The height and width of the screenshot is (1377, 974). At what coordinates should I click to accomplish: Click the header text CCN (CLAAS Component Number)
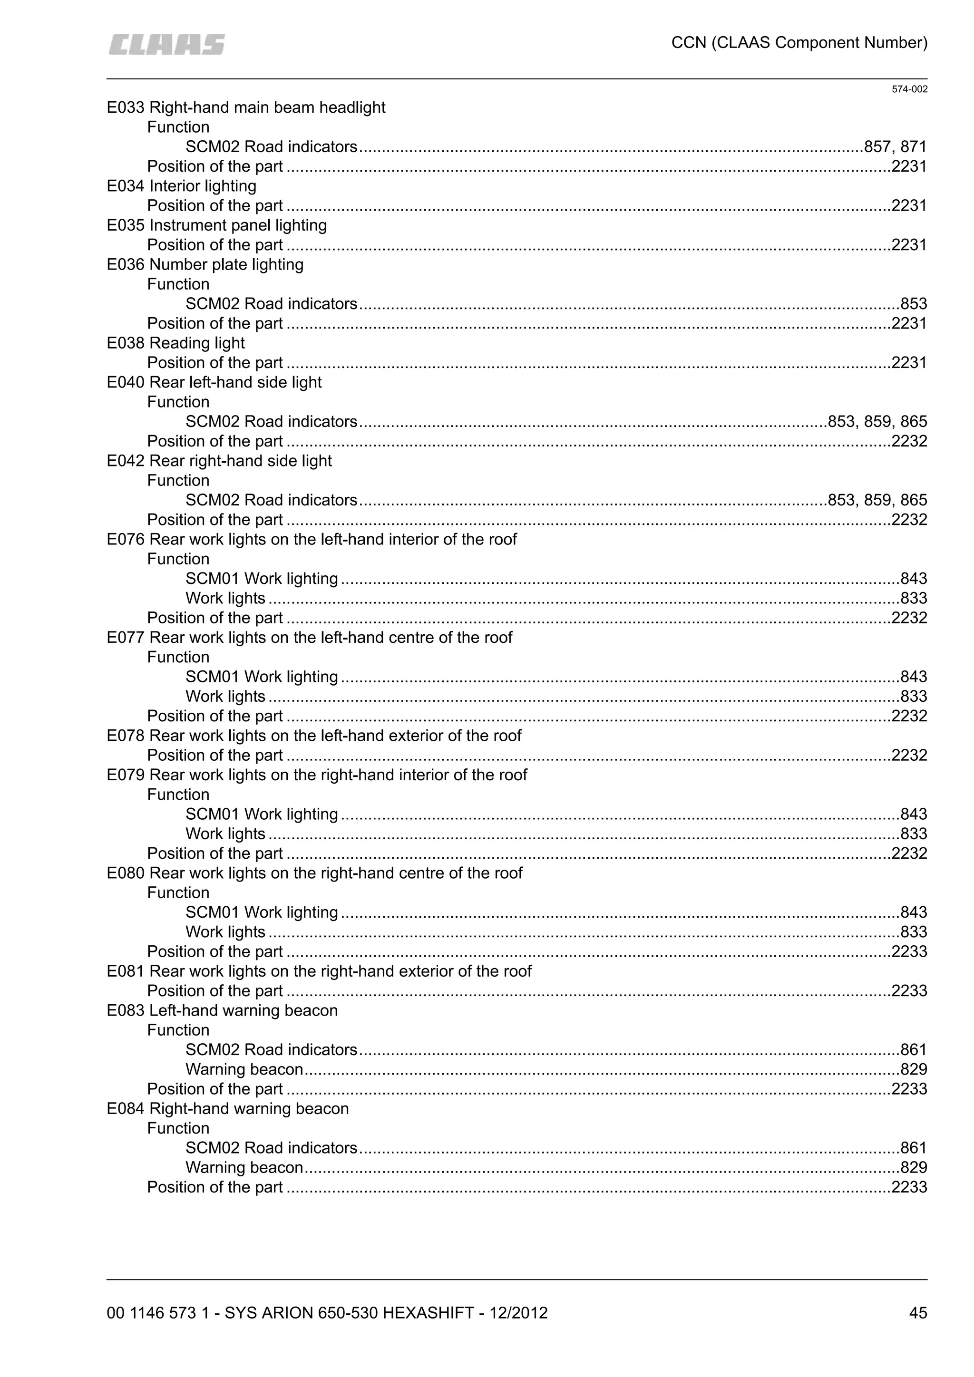[799, 43]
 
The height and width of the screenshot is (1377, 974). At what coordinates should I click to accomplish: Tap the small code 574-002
[909, 89]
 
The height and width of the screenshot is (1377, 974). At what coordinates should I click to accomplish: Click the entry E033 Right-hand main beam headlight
[246, 107]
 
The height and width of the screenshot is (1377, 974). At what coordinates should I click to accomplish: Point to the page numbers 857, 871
[896, 147]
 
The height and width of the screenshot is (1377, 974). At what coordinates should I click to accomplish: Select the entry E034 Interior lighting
[181, 186]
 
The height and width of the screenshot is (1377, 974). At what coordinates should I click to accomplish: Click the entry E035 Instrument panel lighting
[216, 225]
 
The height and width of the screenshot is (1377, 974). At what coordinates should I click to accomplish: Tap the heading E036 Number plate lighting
[205, 264]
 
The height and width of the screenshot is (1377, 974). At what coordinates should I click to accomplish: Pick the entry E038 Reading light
[175, 343]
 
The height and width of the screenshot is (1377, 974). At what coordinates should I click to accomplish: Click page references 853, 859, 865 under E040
[877, 422]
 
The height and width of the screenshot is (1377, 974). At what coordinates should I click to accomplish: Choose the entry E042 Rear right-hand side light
[219, 461]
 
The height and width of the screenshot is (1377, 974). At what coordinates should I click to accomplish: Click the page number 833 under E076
[914, 598]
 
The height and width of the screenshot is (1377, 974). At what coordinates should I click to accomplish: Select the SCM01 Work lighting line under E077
[262, 677]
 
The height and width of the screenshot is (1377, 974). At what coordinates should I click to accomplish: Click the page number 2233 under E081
[909, 991]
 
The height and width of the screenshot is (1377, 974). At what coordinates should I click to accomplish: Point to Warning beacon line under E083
[244, 1069]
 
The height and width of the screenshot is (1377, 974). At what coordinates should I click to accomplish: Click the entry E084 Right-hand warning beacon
[227, 1108]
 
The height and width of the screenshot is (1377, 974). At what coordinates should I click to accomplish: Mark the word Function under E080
[178, 892]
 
